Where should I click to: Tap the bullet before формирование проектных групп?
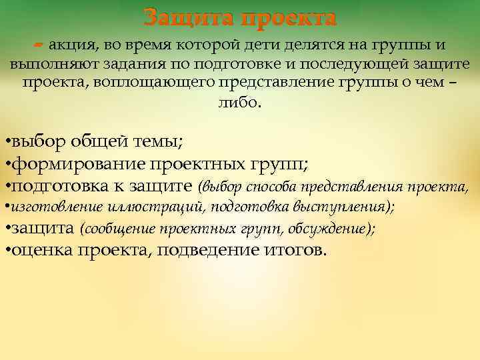(x=7, y=164)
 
